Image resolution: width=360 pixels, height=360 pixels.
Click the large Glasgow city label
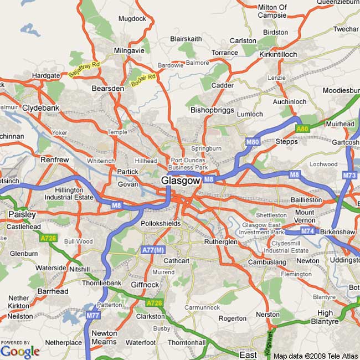[180, 181]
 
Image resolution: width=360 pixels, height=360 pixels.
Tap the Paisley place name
[22, 214]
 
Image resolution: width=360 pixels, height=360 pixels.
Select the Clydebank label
[40, 108]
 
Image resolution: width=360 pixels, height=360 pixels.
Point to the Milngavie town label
[128, 50]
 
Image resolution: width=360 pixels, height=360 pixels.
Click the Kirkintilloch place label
[278, 54]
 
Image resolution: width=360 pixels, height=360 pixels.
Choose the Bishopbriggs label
[212, 110]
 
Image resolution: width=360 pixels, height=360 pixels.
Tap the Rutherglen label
[220, 242]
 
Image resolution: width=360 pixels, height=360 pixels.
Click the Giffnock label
[145, 285]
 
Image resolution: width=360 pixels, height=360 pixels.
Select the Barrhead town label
[53, 291]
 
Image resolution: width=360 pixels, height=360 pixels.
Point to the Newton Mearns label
[104, 337]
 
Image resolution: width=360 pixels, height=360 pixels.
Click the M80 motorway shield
[253, 142]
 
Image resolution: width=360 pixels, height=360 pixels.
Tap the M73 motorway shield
[349, 176]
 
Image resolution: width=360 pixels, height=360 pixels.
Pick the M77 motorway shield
[92, 315]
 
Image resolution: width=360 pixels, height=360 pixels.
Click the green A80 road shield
[301, 129]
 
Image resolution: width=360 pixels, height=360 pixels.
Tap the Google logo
[20, 351]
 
